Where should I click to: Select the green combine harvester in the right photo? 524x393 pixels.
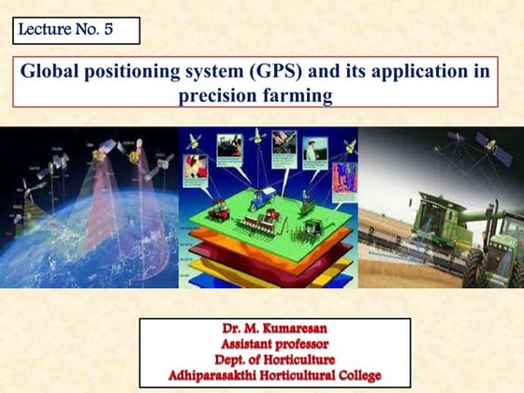coord(440,220)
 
